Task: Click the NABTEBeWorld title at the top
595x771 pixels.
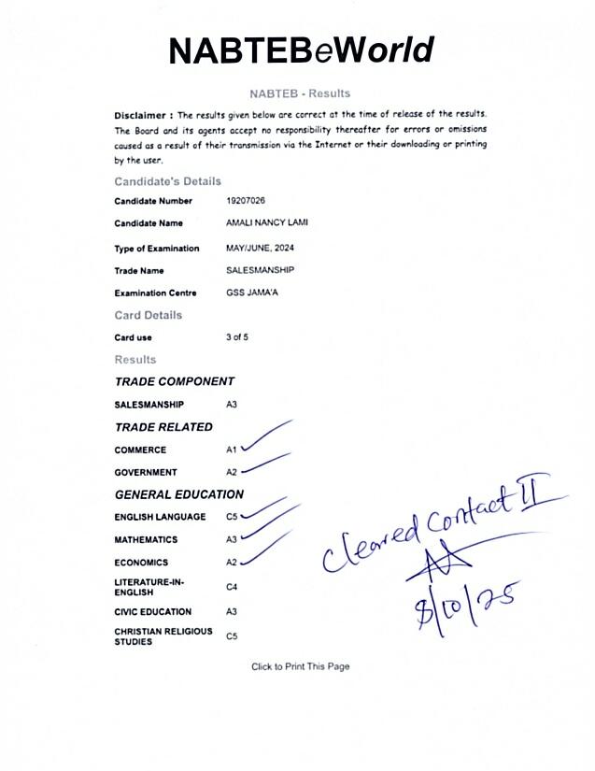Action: pos(301,50)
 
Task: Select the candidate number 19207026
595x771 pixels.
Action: pos(246,201)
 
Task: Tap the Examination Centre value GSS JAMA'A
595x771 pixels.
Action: pos(252,293)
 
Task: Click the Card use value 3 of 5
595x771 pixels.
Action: pos(237,337)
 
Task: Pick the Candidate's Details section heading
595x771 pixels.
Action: pos(167,181)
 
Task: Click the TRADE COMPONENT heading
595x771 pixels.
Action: pos(174,381)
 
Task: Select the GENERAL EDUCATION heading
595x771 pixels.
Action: pos(178,494)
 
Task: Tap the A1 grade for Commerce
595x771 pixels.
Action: pos(232,450)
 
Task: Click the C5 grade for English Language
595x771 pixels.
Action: pos(232,517)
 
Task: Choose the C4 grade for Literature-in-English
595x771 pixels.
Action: pos(232,588)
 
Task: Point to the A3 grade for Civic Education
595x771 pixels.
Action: pos(232,612)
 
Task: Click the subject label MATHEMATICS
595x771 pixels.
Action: pos(146,540)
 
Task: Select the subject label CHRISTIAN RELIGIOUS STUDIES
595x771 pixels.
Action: pos(150,636)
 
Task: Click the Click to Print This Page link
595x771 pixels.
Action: pos(300,666)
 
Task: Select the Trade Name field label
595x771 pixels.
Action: pos(139,271)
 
